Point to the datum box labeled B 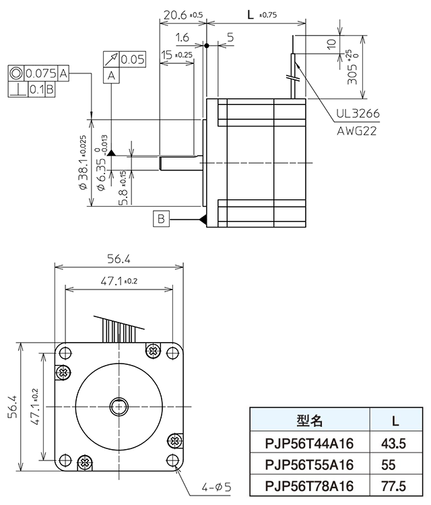coord(161,218)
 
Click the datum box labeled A coord(111,77)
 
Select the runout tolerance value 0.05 coord(133,59)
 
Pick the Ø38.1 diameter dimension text coord(83,162)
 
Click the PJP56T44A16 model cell coord(310,443)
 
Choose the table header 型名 coord(310,422)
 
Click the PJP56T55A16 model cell coord(310,464)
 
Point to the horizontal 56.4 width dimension coord(119,259)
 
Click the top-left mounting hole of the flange coord(65,351)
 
